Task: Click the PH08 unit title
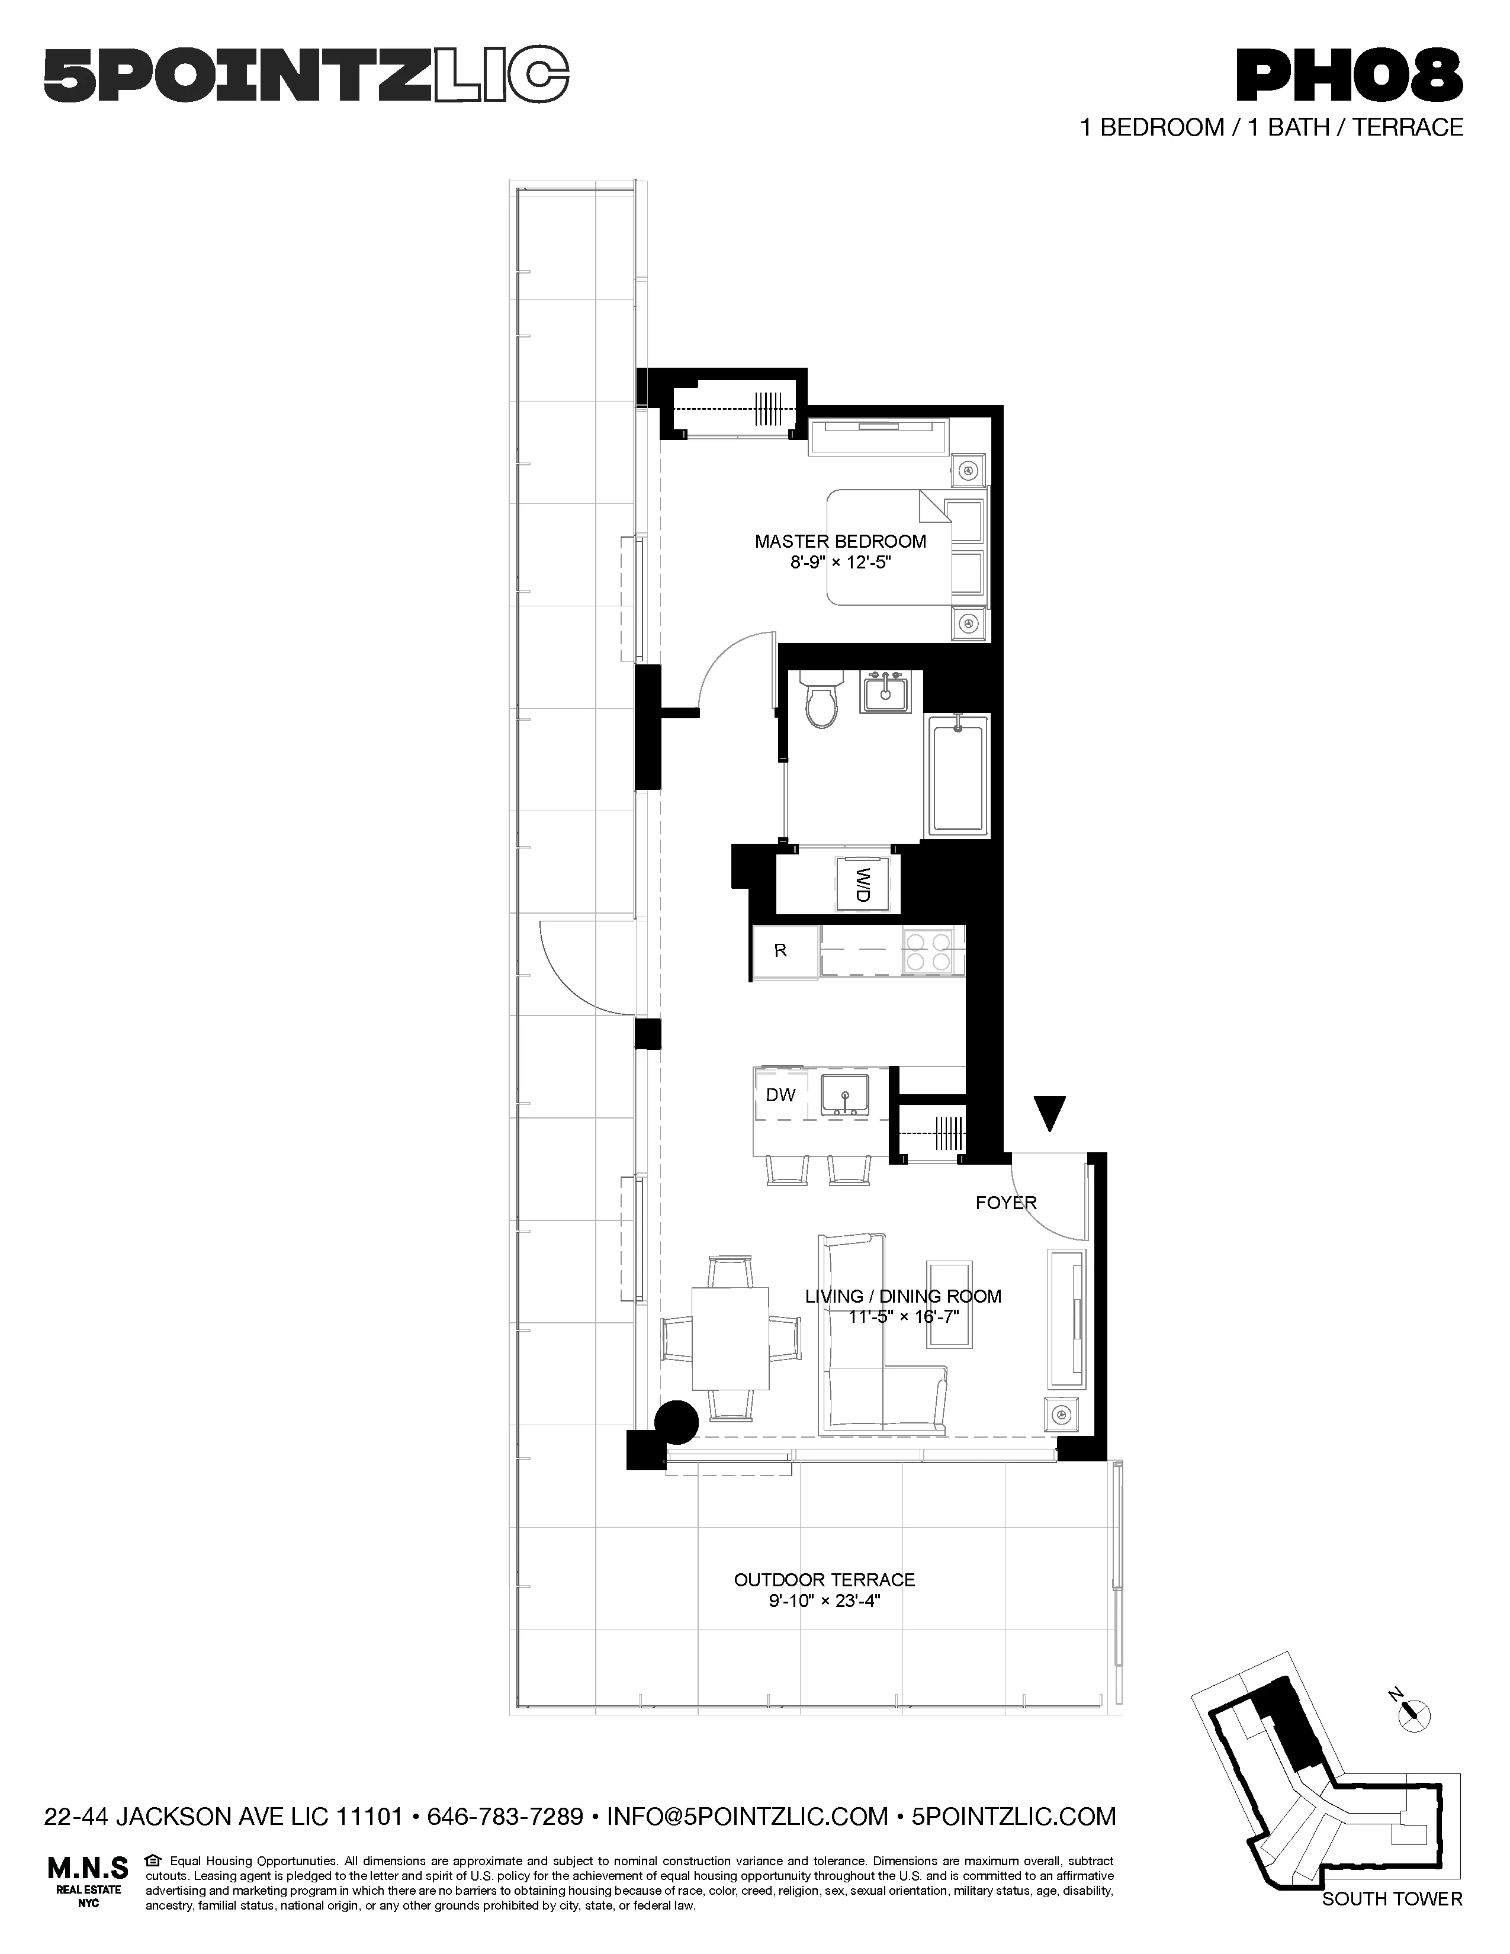(x=1348, y=77)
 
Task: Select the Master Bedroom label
(x=840, y=541)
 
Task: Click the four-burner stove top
(x=930, y=951)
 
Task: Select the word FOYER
(x=1005, y=1203)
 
